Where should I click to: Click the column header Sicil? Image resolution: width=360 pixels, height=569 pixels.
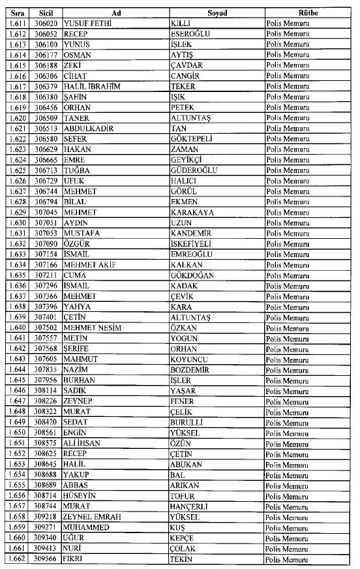[x=45, y=13]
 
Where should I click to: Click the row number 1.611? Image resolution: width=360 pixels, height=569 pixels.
[x=18, y=23]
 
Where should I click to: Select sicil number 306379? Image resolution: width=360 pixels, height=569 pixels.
[x=46, y=86]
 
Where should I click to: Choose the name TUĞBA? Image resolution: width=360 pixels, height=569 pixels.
[x=77, y=170]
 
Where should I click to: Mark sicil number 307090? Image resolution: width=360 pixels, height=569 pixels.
[x=46, y=243]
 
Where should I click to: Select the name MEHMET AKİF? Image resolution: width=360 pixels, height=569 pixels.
[x=88, y=265]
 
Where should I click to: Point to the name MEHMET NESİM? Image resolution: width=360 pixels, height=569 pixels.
[x=92, y=328]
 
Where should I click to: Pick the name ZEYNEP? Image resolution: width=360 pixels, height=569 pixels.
[x=78, y=401]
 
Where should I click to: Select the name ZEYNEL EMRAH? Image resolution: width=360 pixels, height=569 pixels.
[x=93, y=516]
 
